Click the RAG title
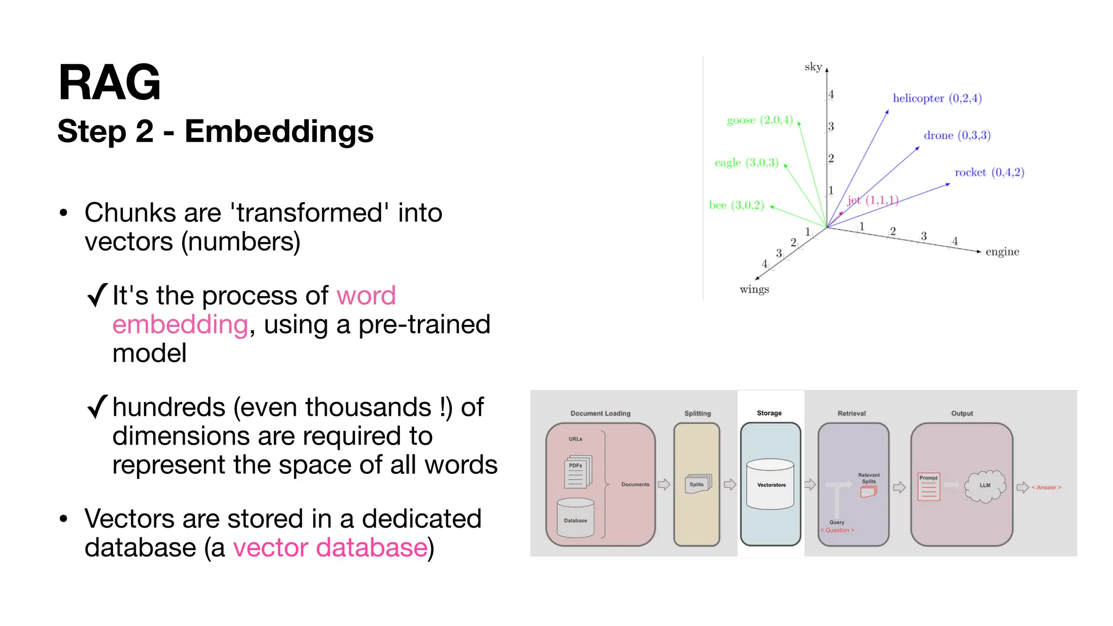click(x=109, y=83)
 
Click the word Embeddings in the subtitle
click(x=279, y=132)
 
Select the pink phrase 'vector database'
click(x=330, y=547)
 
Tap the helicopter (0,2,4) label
click(x=937, y=98)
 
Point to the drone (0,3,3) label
click(x=957, y=135)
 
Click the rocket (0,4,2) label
click(x=989, y=172)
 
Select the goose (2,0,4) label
click(x=760, y=120)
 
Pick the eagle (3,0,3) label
click(x=746, y=162)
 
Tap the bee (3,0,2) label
click(x=736, y=205)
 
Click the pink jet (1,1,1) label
click(x=872, y=201)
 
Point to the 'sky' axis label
click(x=813, y=67)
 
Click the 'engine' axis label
click(x=1002, y=252)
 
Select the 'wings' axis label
click(x=754, y=289)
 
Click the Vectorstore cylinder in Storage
click(x=770, y=484)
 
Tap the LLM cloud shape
click(x=985, y=485)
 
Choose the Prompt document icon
click(x=929, y=487)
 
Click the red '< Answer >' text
click(x=1046, y=487)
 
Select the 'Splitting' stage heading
click(x=697, y=414)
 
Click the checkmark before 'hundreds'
click(x=97, y=407)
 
